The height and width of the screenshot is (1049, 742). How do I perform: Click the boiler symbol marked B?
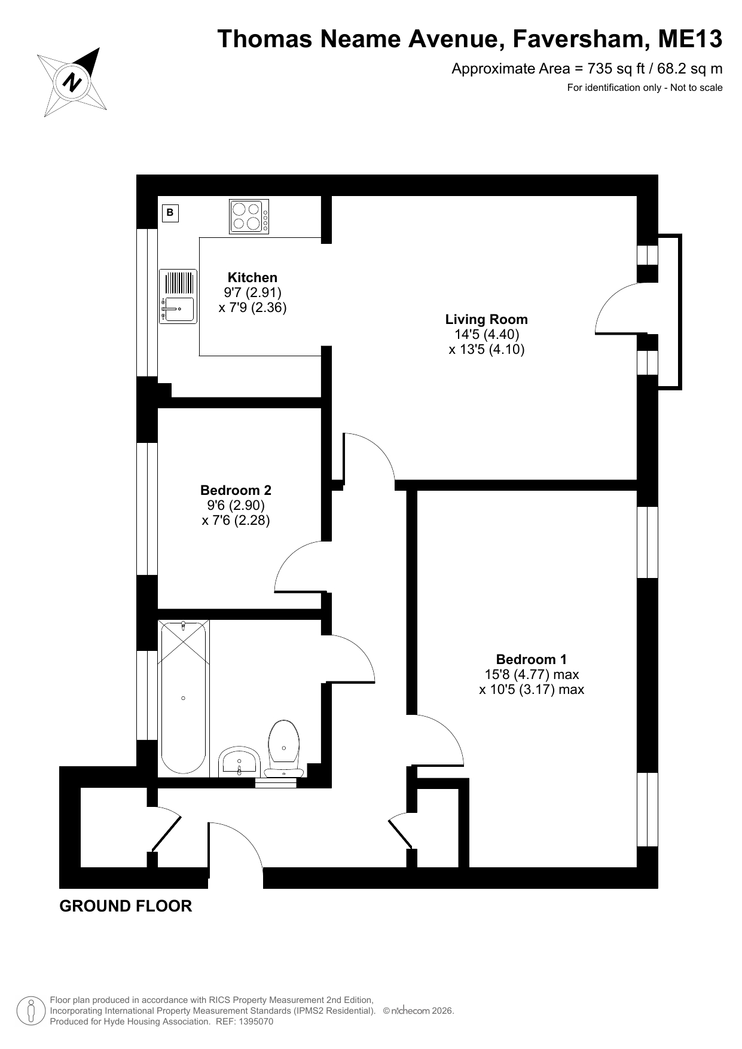(170, 212)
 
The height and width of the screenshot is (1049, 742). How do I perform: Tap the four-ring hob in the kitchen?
(249, 216)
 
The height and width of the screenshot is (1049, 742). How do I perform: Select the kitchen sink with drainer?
(178, 296)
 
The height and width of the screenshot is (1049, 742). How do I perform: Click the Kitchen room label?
(252, 277)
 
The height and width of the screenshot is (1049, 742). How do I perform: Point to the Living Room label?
(486, 319)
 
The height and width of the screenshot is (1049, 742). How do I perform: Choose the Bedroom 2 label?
(236, 490)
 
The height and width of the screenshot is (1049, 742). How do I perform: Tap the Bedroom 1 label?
(531, 659)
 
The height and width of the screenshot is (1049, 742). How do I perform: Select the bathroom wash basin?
(239, 761)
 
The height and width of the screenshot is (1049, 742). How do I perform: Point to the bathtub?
(184, 698)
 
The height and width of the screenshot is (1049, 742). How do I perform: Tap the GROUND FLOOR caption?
(126, 906)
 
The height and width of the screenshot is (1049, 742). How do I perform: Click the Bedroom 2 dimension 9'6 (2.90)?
(236, 506)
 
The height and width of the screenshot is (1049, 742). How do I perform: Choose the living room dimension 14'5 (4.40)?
(486, 334)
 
